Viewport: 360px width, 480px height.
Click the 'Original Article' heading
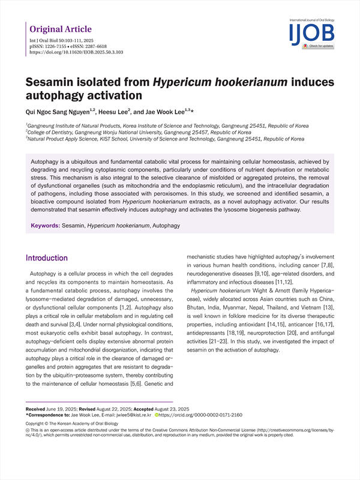(61, 29)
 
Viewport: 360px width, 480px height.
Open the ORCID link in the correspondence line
(200, 415)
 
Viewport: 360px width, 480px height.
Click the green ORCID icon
(157, 415)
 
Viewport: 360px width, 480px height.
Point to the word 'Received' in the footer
(38, 408)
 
